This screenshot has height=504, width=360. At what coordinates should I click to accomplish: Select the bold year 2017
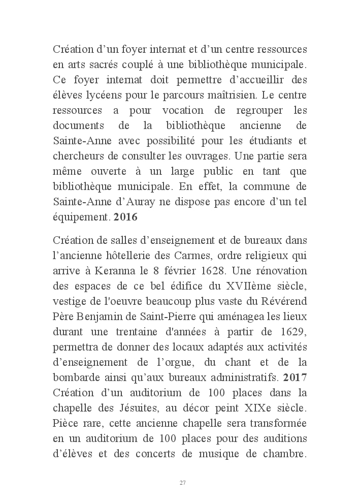pyautogui.click(x=295, y=379)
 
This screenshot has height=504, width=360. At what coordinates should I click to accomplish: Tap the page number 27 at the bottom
pyautogui.click(x=182, y=482)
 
